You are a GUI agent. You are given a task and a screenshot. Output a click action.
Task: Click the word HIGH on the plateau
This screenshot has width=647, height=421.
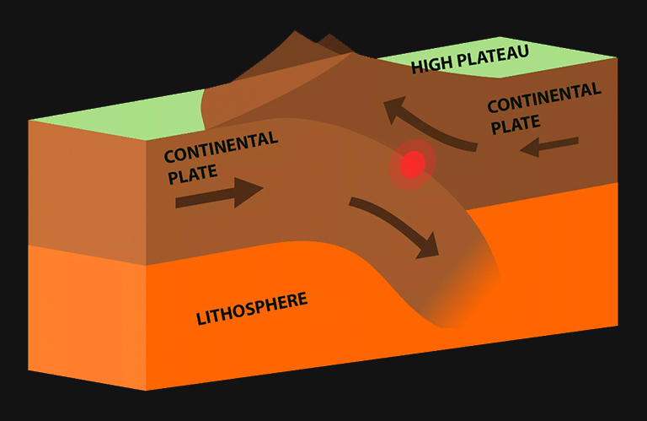[x=430, y=65]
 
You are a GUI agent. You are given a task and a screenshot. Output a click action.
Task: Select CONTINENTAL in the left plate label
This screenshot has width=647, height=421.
[x=221, y=147]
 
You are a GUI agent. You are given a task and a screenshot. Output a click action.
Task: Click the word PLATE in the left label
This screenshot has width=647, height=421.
[x=193, y=174]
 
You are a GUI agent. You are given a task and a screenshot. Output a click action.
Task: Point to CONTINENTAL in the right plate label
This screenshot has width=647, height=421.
[x=543, y=97]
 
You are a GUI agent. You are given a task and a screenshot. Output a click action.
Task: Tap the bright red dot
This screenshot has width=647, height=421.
[x=411, y=164]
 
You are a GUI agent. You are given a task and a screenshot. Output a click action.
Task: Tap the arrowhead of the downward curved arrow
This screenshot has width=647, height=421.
[x=429, y=246]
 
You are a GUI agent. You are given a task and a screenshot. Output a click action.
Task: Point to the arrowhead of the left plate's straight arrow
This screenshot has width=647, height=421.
[x=251, y=189]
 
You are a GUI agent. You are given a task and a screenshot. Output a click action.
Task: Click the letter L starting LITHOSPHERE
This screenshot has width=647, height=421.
[x=201, y=319]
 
